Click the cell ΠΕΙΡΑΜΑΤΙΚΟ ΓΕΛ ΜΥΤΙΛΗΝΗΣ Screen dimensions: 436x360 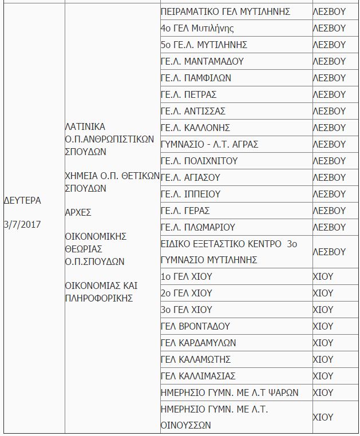click(x=226, y=11)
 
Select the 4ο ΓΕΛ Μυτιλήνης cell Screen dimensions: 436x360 click(x=197, y=28)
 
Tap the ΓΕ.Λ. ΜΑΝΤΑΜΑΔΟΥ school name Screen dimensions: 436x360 click(x=203, y=61)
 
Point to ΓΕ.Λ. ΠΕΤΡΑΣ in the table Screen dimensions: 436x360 click(x=189, y=94)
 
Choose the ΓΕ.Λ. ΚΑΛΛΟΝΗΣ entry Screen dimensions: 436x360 click(x=195, y=128)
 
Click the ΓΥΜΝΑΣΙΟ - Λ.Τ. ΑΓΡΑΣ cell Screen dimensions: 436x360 click(x=209, y=144)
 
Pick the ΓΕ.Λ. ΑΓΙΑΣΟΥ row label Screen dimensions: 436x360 click(x=191, y=177)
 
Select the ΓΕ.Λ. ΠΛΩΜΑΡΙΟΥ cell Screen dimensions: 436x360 click(x=198, y=227)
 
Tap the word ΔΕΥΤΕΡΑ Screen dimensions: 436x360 click(x=23, y=200)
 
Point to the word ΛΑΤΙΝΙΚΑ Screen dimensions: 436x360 click(x=86, y=126)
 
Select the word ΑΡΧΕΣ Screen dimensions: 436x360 click(x=79, y=212)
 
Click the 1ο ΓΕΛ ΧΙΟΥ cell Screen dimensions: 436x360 click(x=187, y=276)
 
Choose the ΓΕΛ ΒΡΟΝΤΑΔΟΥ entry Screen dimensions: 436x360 click(x=195, y=326)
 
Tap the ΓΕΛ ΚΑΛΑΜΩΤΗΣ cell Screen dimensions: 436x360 click(x=196, y=359)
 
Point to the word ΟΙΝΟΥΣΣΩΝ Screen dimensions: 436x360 click(x=186, y=425)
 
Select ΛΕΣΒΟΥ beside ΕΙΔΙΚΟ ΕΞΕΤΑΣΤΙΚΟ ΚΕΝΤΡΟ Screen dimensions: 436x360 click(x=329, y=252)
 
